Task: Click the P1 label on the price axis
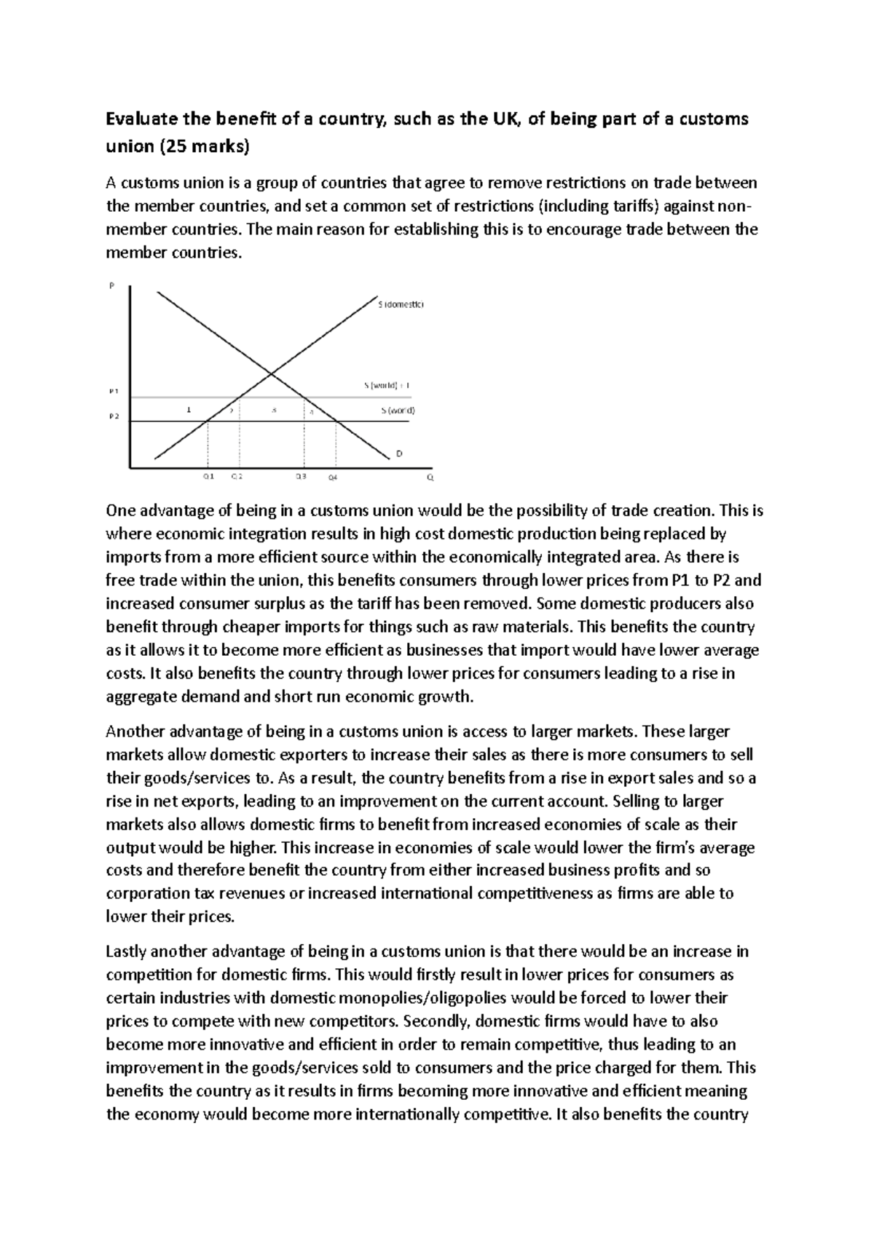(113, 391)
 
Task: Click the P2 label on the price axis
(113, 417)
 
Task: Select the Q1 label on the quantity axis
(208, 477)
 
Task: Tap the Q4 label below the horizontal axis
(333, 478)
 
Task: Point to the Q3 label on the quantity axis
(301, 477)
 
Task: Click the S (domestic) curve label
(399, 306)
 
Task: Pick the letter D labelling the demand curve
(399, 453)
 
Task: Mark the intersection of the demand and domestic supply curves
(272, 374)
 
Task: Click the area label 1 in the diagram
(189, 410)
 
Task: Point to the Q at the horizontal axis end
(430, 478)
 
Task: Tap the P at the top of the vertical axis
(111, 286)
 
